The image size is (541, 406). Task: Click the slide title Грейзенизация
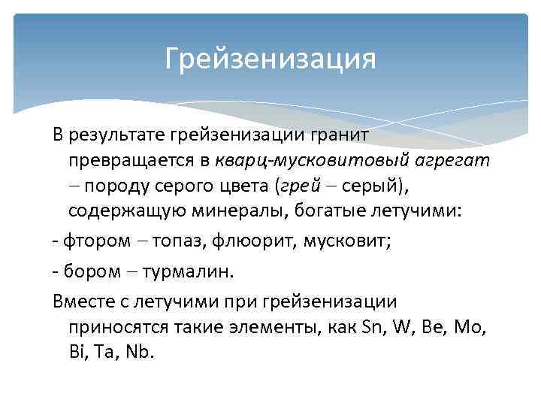pyautogui.click(x=270, y=59)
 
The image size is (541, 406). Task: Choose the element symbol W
pyautogui.click(x=404, y=327)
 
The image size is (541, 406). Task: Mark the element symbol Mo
pyautogui.click(x=473, y=327)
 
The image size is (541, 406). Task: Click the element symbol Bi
pyautogui.click(x=78, y=352)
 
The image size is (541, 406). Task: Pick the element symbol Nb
pyautogui.click(x=141, y=352)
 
